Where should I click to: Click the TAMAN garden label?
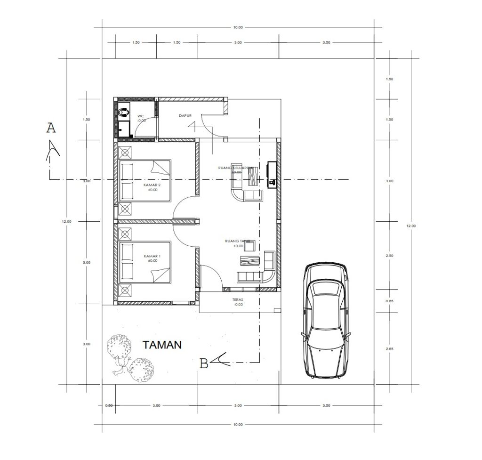point(162,345)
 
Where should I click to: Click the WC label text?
point(140,116)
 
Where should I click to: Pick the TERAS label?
point(237,299)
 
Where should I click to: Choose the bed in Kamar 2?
point(145,180)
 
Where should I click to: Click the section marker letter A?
point(51,128)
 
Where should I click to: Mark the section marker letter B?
point(204,363)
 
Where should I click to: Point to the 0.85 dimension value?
point(389,301)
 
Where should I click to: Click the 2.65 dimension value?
point(389,349)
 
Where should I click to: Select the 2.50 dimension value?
point(389,256)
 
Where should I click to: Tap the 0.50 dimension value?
point(109,405)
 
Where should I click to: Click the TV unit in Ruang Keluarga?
point(272,174)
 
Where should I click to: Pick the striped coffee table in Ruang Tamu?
point(249,261)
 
